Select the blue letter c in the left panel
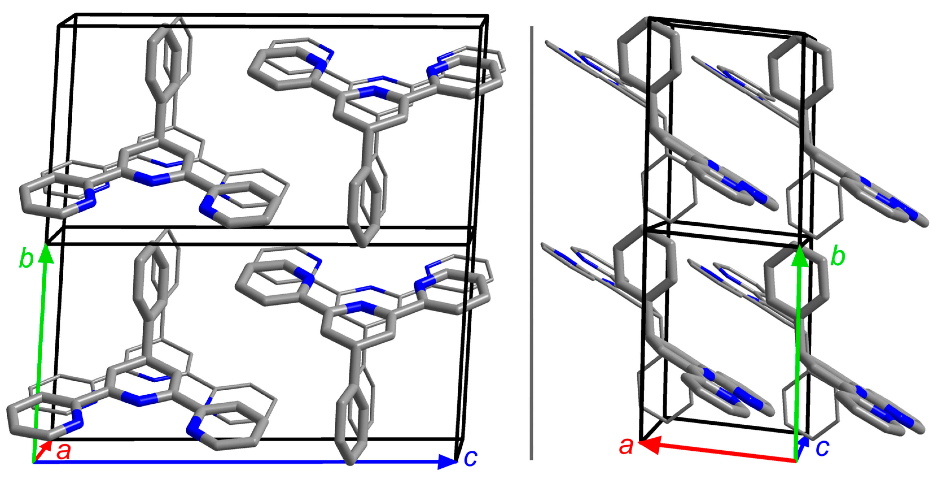(471, 458)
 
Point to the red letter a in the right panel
(626, 446)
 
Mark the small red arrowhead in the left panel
(47, 445)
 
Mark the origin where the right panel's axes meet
(796, 461)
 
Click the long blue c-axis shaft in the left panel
(236, 462)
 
